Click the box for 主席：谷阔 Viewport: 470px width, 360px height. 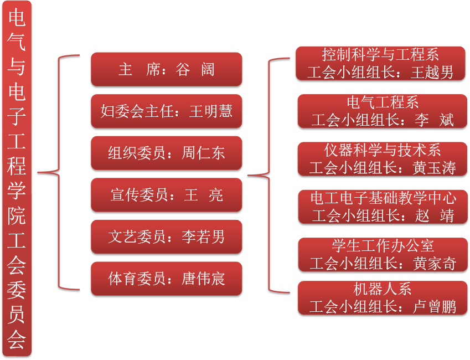pyautogui.click(x=167, y=69)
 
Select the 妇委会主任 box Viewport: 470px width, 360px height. pyautogui.click(x=167, y=111)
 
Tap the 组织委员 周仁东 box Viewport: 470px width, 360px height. pyautogui.click(x=167, y=153)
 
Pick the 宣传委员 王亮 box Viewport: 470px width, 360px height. pyautogui.click(x=167, y=195)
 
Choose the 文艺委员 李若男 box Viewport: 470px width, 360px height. pyautogui.click(x=167, y=236)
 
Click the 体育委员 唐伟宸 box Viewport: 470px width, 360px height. pyautogui.click(x=167, y=279)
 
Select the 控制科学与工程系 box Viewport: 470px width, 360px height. pyautogui.click(x=380, y=63)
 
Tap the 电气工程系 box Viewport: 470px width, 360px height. pyautogui.click(x=383, y=111)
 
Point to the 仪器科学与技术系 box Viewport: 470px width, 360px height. pyautogui.click(x=383, y=159)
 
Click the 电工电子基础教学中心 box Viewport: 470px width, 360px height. pyautogui.click(x=383, y=207)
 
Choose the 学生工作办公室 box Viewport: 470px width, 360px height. pyautogui.click(x=383, y=255)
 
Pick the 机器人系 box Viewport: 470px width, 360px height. pyautogui.click(x=383, y=298)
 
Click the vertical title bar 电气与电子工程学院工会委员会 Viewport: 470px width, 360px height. pyautogui.click(x=17, y=178)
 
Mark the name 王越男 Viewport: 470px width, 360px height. pyautogui.click(x=432, y=73)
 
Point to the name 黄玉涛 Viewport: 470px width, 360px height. pyautogui.click(x=434, y=168)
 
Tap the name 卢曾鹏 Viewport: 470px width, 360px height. pyautogui.click(x=434, y=307)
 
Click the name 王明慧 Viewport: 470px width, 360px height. pyautogui.click(x=211, y=111)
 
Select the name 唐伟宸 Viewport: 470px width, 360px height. pyautogui.click(x=203, y=279)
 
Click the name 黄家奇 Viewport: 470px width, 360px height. pyautogui.click(x=435, y=264)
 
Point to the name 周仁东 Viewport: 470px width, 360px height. pyautogui.click(x=203, y=153)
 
